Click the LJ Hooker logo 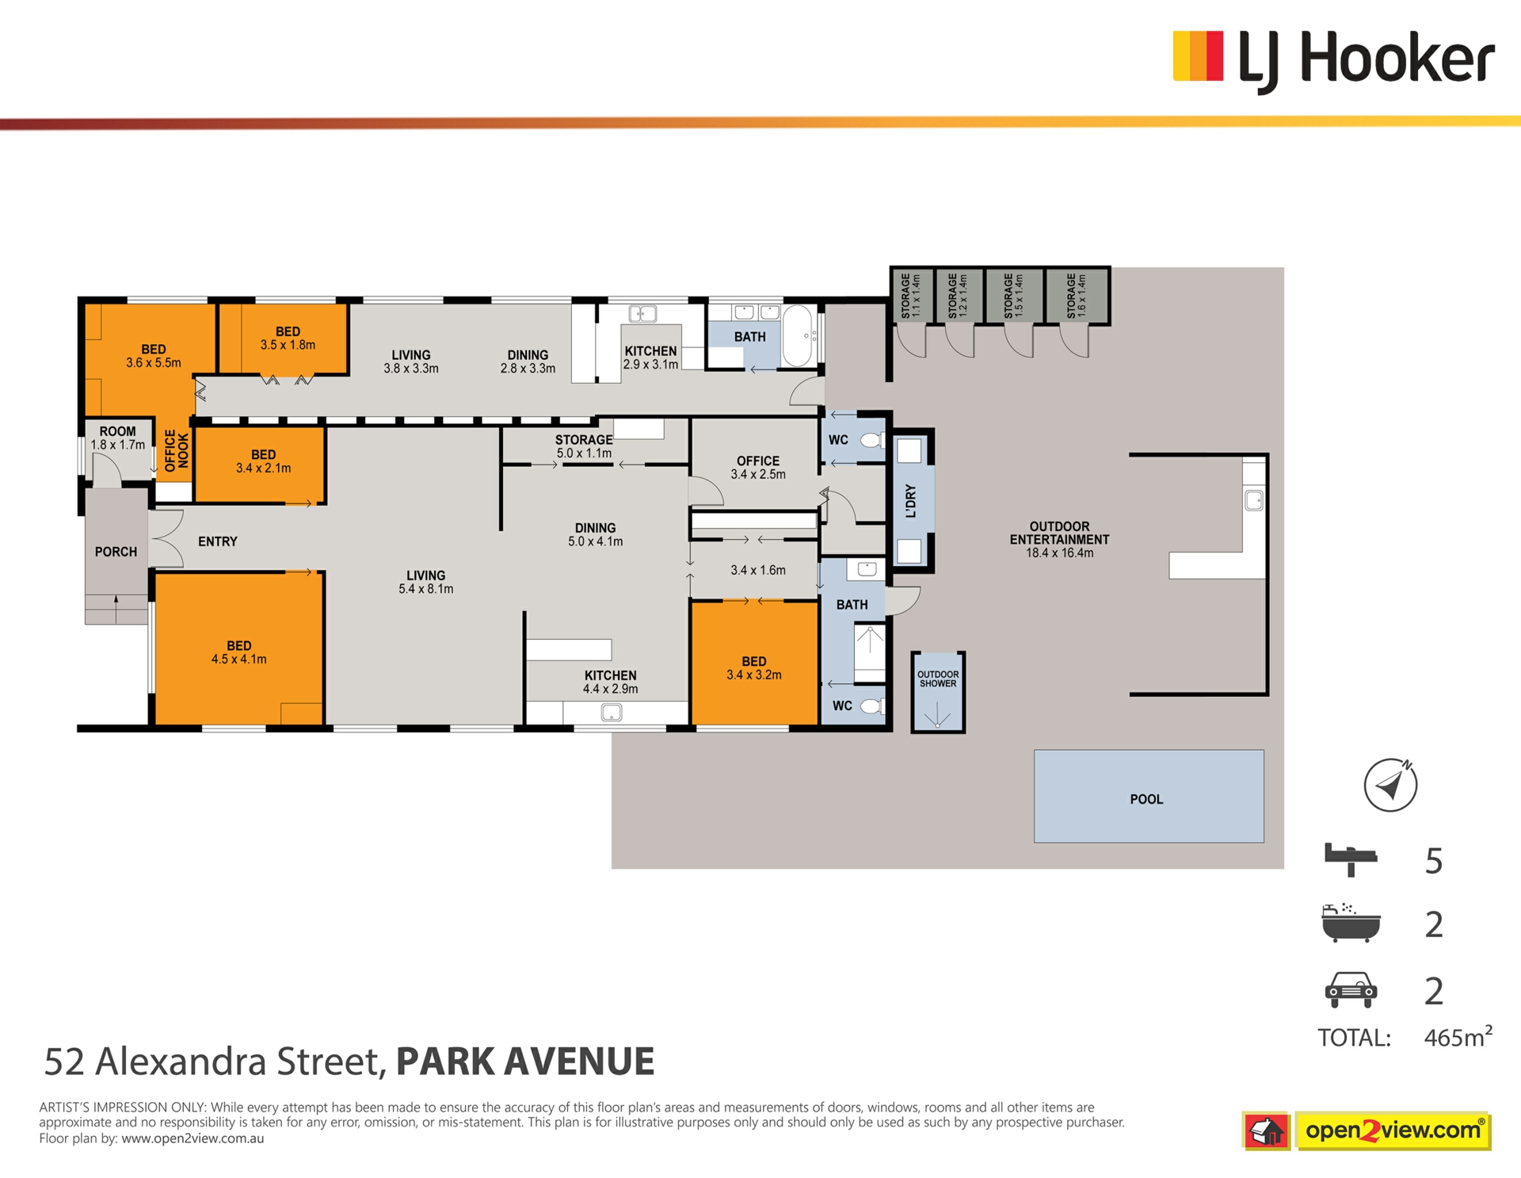1333,60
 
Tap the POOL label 1146,799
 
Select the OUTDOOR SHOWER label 938,679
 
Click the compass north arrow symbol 1390,785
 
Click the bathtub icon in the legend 1351,923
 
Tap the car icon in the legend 1351,989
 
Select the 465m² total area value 1458,1037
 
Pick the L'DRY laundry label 910,501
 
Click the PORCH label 116,552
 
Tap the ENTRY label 218,541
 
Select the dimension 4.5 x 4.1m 238,659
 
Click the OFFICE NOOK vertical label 177,451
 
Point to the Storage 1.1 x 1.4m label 910,296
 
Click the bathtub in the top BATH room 797,335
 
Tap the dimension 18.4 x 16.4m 1059,553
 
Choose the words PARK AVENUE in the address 525,1061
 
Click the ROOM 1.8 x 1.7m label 117,438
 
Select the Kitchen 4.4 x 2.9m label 610,682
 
